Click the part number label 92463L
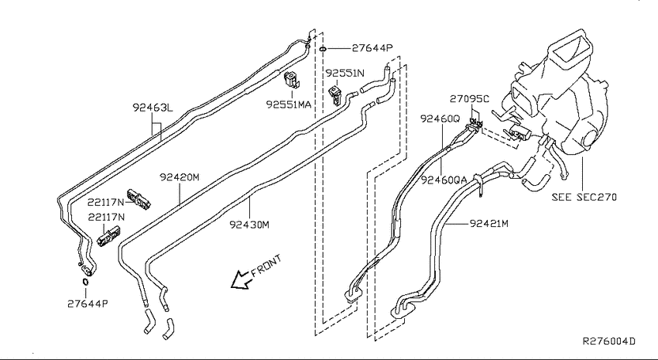153,108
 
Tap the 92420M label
179,177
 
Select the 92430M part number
249,225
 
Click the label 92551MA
289,104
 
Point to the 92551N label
345,73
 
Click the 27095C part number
469,99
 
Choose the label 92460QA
444,180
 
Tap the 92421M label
489,223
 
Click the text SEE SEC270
584,197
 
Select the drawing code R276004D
609,341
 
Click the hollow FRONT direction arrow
241,279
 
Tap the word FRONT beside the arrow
267,266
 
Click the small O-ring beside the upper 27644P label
322,49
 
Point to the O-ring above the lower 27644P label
85,282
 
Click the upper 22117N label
106,202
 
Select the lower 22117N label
106,218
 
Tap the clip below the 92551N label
336,95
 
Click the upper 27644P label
372,48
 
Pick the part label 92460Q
440,118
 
